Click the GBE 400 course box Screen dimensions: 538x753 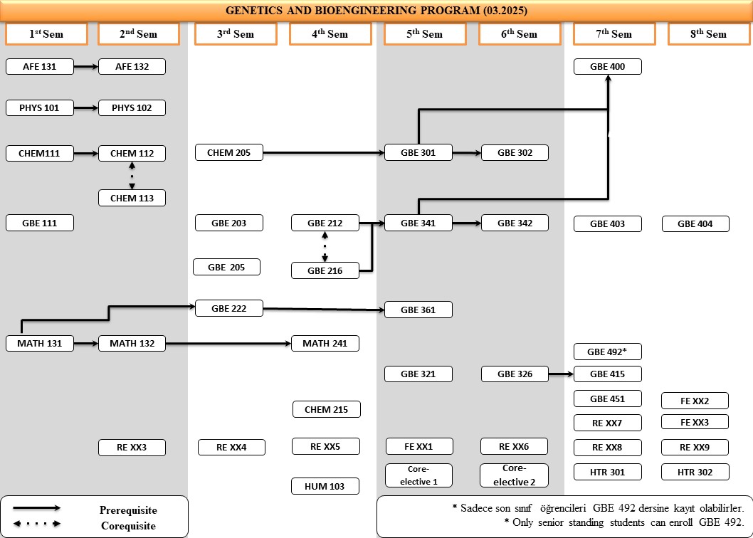tap(608, 67)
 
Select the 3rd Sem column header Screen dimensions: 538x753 tap(234, 34)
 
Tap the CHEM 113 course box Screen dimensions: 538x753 tap(132, 198)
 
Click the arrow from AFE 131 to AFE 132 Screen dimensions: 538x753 tap(85, 67)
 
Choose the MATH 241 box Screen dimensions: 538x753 tap(325, 344)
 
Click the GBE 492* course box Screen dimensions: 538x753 tap(608, 352)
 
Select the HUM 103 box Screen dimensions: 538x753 tap(325, 486)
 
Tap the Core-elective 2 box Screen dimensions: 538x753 tap(515, 475)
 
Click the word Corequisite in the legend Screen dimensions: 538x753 tap(128, 526)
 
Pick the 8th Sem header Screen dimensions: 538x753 tap(708, 34)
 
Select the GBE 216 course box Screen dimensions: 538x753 tap(325, 270)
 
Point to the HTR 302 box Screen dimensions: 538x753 tap(696, 472)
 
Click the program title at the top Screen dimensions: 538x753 tap(376, 11)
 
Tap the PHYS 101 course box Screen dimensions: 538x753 tap(40, 108)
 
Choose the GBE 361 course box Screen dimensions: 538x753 tap(418, 310)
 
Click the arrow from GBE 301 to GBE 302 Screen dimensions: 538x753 tap(467, 152)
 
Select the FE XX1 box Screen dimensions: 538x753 tap(418, 447)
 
